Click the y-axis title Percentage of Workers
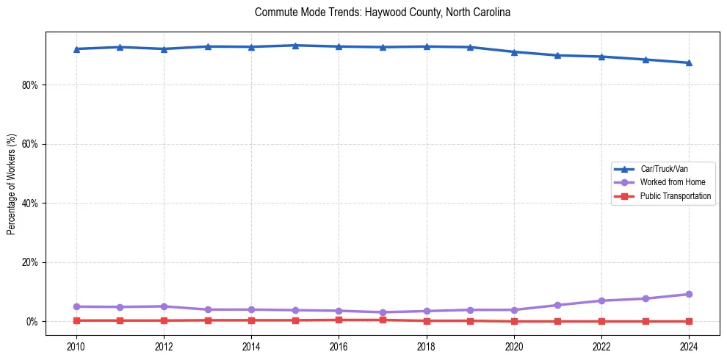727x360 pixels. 12,184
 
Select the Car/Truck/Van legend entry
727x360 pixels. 664,169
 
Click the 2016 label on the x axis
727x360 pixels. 339,346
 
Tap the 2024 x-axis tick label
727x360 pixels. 689,346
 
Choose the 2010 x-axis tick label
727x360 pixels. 76,346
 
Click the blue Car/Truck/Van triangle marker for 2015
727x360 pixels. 295,46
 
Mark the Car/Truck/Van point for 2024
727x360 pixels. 689,62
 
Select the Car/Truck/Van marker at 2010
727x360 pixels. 76,49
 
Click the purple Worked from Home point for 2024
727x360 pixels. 689,294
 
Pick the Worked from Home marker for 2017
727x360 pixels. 383,312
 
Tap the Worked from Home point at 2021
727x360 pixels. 557,305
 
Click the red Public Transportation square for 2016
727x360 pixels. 339,320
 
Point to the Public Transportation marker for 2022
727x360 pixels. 601,321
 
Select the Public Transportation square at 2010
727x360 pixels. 76,320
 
